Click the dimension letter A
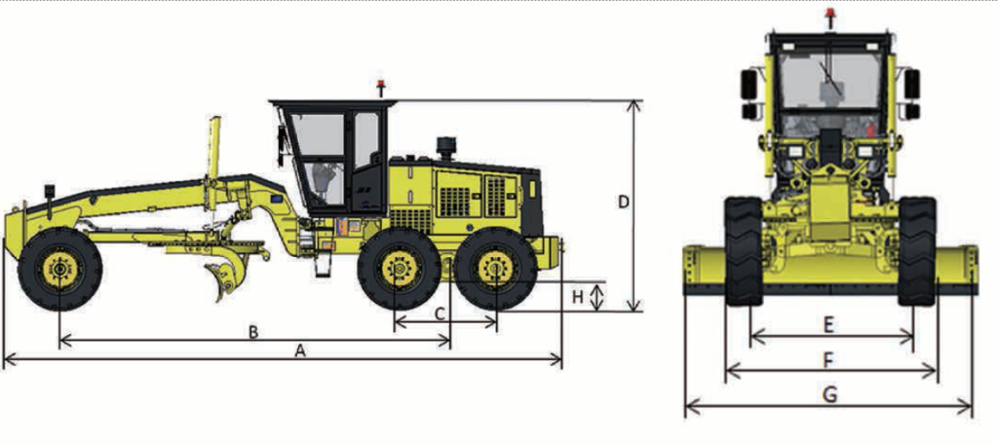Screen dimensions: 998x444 pyautogui.click(x=300, y=350)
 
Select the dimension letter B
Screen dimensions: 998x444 pyautogui.click(x=252, y=331)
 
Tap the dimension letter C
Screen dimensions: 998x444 pyautogui.click(x=440, y=313)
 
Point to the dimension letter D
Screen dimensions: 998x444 pyautogui.click(x=624, y=203)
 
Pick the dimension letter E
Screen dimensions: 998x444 pyautogui.click(x=828, y=325)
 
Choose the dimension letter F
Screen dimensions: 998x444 pyautogui.click(x=828, y=360)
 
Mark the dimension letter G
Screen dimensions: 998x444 pyautogui.click(x=829, y=395)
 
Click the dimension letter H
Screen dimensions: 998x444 pyautogui.click(x=577, y=296)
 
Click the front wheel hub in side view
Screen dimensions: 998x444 pyautogui.click(x=60, y=270)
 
